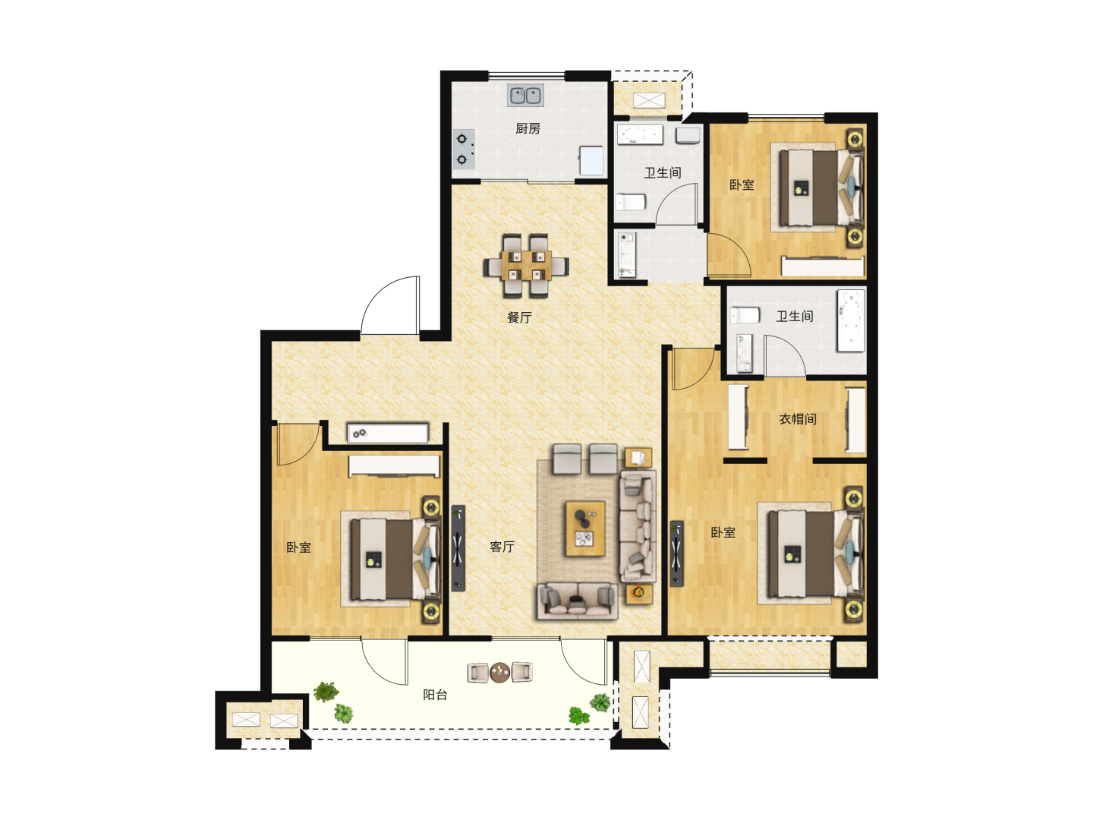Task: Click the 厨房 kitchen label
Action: coord(528,128)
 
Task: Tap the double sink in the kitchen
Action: coord(525,95)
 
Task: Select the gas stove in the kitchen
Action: coord(464,149)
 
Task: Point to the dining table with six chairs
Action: coord(526,266)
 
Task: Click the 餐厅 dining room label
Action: coord(519,317)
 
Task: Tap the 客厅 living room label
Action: coord(502,547)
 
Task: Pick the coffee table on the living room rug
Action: coord(585,528)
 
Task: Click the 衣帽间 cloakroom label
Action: coord(797,418)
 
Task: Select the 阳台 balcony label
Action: coord(435,695)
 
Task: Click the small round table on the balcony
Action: coord(499,672)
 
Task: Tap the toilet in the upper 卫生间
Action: coord(631,202)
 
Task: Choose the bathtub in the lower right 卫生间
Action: coord(851,320)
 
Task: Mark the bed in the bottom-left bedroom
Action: coord(390,559)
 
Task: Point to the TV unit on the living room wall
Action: coord(458,549)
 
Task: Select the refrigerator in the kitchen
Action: coord(591,161)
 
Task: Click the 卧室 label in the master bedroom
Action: coord(723,532)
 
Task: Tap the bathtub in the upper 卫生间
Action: coord(640,134)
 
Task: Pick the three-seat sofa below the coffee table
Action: coord(578,601)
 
